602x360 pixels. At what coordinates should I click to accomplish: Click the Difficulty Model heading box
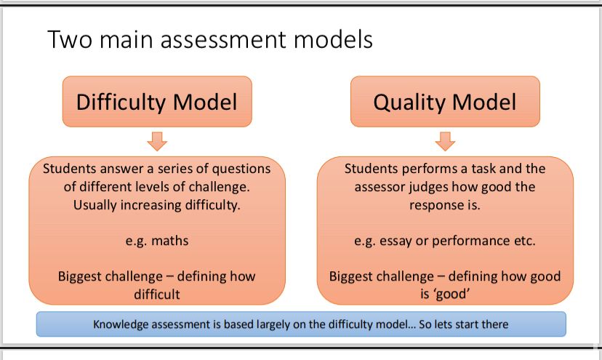coord(156,102)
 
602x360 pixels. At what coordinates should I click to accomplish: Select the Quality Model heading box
coord(445,102)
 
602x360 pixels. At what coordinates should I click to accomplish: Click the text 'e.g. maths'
coord(157,241)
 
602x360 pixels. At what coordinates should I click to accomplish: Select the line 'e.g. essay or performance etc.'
coord(445,241)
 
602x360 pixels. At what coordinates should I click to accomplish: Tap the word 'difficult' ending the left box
coord(157,295)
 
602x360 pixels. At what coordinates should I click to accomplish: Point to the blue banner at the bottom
coord(301,324)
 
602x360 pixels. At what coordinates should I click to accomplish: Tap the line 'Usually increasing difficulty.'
coord(157,205)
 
